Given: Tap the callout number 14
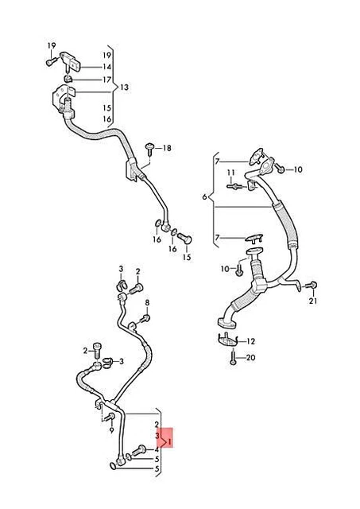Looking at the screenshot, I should (x=106, y=68).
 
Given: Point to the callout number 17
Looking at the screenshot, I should (x=106, y=80).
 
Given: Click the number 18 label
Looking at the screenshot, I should (x=166, y=149).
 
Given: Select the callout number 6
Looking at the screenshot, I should (x=204, y=196).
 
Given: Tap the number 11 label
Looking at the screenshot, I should (x=230, y=173).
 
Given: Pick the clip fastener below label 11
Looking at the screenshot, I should (x=234, y=187).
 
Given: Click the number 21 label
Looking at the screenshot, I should (x=313, y=301).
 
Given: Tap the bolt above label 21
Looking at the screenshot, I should (x=312, y=286).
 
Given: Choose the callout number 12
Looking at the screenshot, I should (x=251, y=341).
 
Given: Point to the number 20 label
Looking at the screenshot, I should (x=251, y=358).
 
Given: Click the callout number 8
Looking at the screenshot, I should (x=146, y=303).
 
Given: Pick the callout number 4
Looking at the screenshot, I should (x=157, y=449).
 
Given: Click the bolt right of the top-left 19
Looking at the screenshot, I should (x=50, y=59).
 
